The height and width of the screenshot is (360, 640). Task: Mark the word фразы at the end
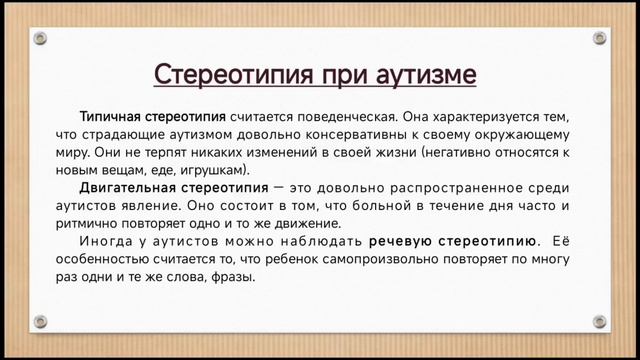click(x=234, y=277)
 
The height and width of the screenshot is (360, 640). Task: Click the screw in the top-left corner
click(x=40, y=38)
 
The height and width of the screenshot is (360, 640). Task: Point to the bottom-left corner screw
click(x=40, y=321)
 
